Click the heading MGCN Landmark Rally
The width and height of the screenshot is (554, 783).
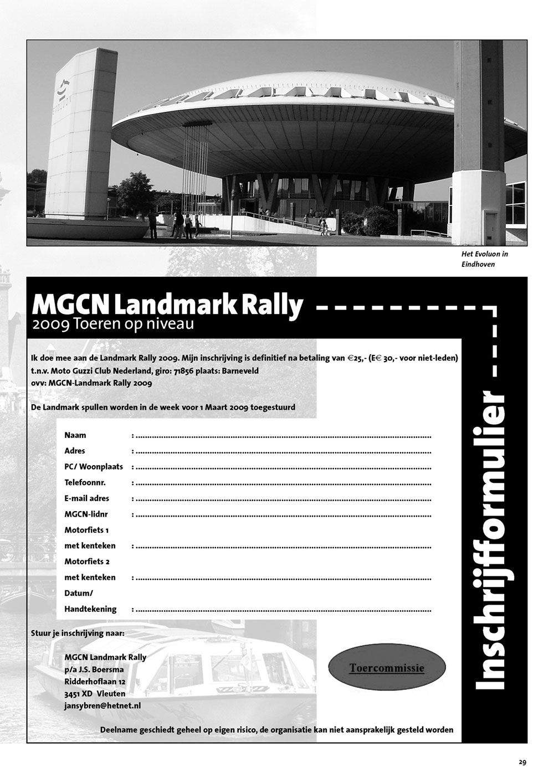(168, 305)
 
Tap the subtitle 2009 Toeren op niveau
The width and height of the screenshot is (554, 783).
(113, 324)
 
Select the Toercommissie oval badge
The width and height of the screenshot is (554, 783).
(387, 668)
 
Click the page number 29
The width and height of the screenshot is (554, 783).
(522, 762)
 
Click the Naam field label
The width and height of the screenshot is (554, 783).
(75, 435)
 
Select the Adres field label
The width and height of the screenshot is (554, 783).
(75, 451)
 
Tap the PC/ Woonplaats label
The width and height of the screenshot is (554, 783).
(94, 467)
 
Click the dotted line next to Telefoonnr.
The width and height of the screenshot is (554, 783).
(283, 483)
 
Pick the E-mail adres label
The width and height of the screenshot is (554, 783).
(87, 498)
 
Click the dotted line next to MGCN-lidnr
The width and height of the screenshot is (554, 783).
(283, 515)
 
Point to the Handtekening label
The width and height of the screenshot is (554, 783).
(90, 609)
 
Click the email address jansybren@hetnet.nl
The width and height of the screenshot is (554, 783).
(102, 706)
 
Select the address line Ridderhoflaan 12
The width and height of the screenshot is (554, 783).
(95, 682)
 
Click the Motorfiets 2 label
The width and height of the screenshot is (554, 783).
(87, 562)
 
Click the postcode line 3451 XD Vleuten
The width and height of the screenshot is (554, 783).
(95, 694)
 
